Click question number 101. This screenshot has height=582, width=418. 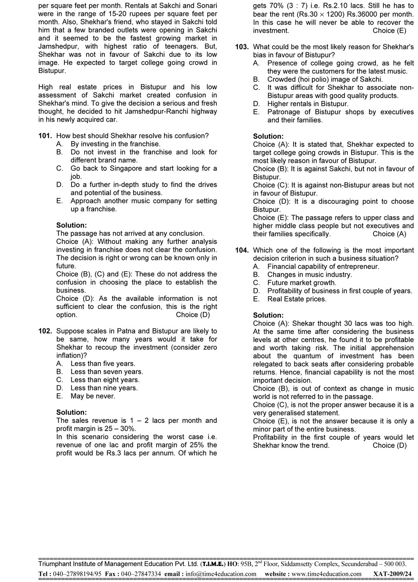(45, 136)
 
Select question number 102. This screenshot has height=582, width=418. (45, 331)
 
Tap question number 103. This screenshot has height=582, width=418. (242, 47)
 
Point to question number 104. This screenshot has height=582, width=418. (242, 250)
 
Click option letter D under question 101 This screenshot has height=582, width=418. (60, 185)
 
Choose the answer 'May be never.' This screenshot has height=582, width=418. (93, 396)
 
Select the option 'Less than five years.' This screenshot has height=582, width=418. (102, 364)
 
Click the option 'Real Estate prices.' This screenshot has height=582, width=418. (297, 299)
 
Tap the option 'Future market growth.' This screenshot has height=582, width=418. (302, 283)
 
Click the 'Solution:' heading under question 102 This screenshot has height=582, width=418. (71, 412)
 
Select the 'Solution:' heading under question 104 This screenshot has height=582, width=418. (268, 315)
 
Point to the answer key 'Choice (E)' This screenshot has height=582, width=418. (389, 31)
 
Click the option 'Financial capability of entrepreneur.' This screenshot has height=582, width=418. (323, 267)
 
